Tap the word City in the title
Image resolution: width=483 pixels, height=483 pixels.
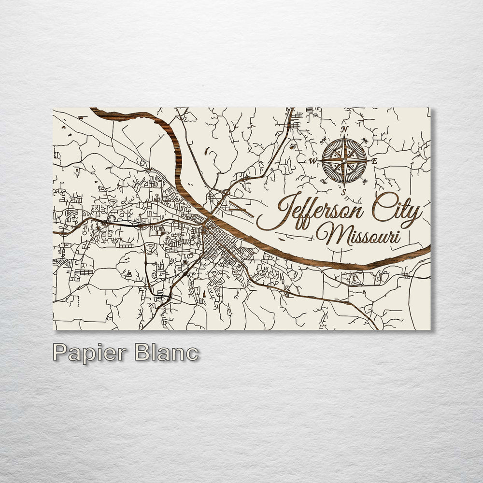point(396,210)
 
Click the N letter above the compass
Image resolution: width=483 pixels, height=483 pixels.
point(344,129)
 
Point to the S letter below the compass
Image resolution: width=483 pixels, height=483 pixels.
point(344,192)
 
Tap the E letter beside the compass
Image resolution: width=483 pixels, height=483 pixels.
point(374,161)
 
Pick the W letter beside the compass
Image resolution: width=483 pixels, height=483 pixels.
point(313,161)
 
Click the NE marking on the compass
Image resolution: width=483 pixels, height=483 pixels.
point(365,141)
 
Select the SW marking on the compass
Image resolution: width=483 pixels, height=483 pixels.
point(323,181)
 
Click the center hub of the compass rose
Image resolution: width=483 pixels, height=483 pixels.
point(344,160)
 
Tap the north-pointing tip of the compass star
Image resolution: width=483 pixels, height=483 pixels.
point(344,137)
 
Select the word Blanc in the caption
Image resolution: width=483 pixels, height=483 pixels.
point(167,352)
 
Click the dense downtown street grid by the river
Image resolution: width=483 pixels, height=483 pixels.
point(215,244)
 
